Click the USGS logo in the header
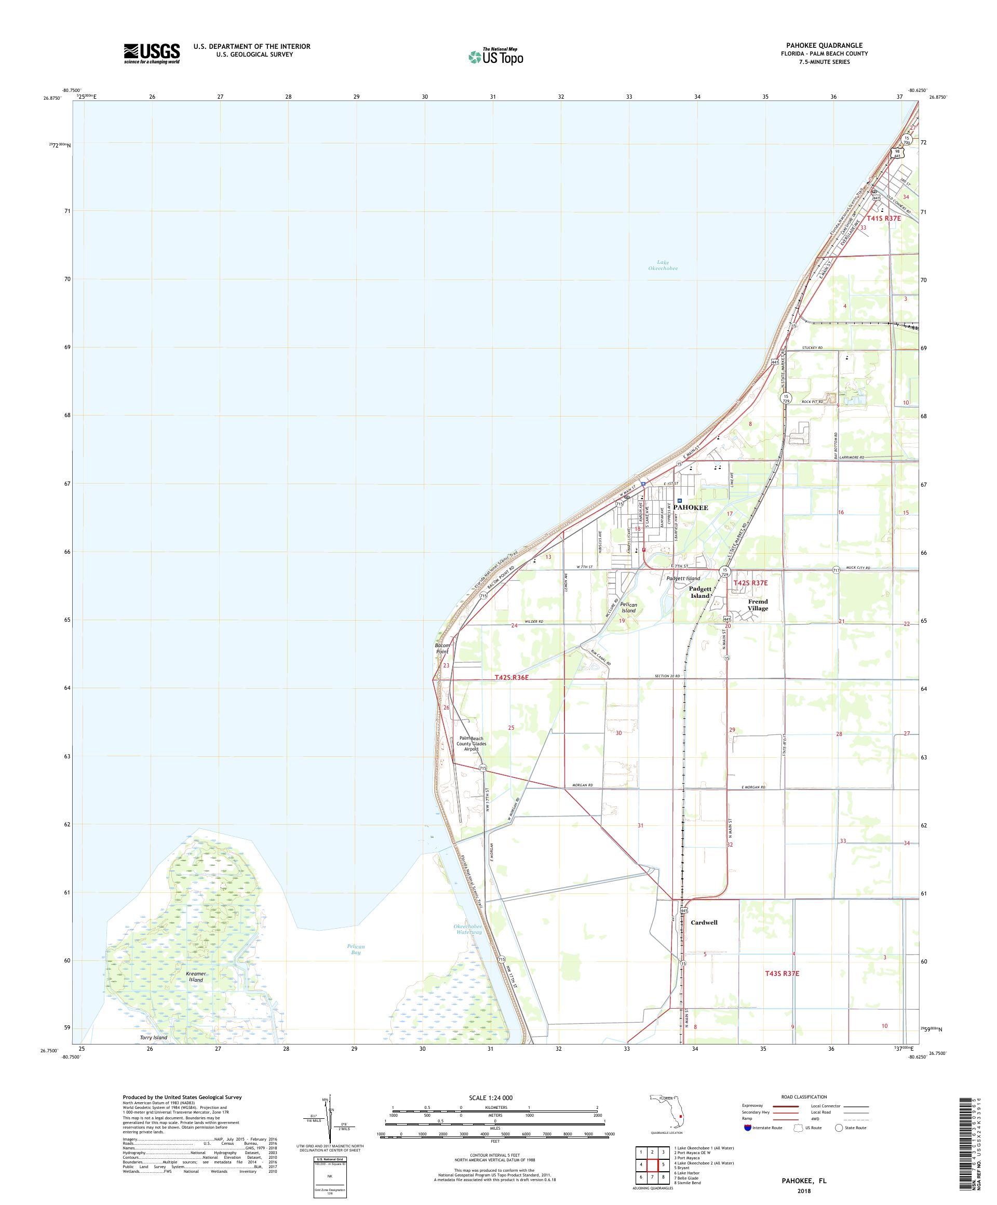tap(152, 53)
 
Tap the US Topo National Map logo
tap(496, 56)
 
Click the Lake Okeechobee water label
tap(663, 265)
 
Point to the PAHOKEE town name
tap(691, 508)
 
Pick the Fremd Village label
tap(757, 605)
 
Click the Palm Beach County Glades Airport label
tap(471, 744)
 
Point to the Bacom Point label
tap(442, 648)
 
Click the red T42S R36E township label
tap(511, 678)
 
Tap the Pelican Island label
tap(629, 608)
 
